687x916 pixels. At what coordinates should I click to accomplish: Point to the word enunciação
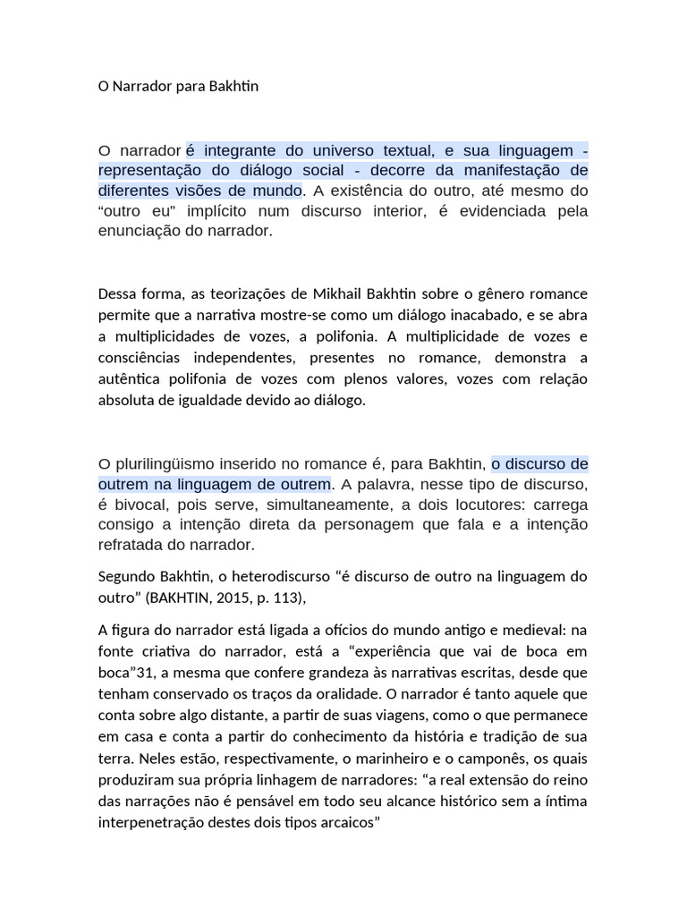tap(138, 230)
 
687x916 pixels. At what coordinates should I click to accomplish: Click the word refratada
tap(129, 544)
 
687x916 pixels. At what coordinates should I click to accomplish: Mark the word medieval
tap(516, 631)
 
